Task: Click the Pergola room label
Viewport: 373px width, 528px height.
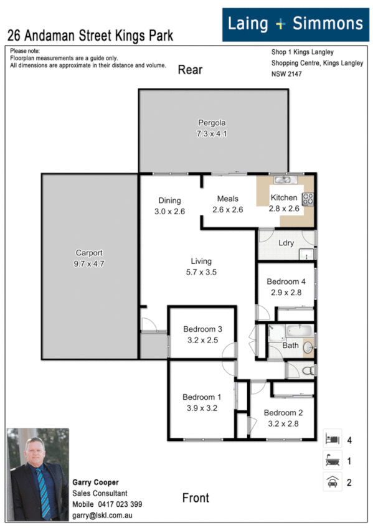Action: (212, 122)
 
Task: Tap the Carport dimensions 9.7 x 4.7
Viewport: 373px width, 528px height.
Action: (88, 264)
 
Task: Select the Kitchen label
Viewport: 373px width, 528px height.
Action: (284, 198)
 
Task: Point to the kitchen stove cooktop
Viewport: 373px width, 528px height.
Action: (308, 200)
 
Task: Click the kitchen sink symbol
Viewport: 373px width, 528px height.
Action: (284, 180)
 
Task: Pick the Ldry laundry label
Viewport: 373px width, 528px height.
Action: (286, 243)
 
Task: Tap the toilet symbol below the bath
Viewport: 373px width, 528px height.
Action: (305, 371)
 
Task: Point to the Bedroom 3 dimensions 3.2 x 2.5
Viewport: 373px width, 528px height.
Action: (202, 340)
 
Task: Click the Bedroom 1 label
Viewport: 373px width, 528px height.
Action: (202, 397)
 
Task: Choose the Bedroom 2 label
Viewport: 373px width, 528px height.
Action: (283, 412)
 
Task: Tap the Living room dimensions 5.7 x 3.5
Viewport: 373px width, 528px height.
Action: (201, 272)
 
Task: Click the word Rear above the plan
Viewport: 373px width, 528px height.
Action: (190, 70)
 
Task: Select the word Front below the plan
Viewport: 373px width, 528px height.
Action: (196, 497)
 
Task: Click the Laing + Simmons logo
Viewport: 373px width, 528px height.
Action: (295, 24)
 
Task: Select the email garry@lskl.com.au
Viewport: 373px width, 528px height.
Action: (106, 516)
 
